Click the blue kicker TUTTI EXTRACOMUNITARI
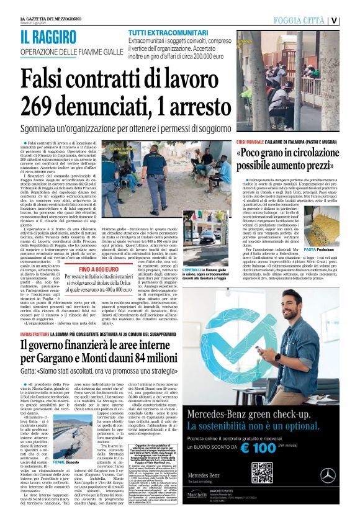164,32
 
